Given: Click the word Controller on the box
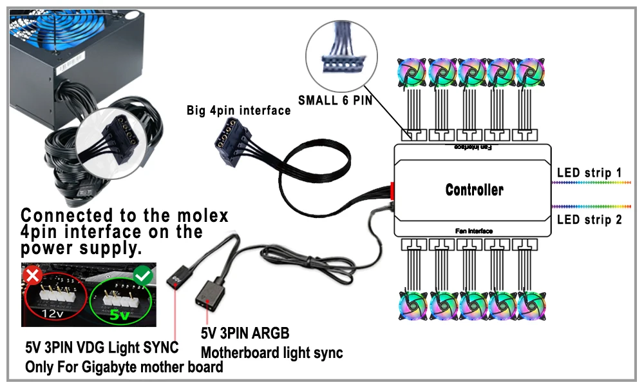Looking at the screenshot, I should [475, 190].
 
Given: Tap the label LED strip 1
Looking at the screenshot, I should [589, 173].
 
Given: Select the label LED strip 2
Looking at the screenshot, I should [589, 220].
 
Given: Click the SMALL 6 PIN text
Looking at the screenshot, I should [335, 101].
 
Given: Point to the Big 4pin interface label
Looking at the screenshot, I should [239, 110].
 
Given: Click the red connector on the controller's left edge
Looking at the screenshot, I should [391, 191].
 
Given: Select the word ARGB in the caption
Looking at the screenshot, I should [271, 334].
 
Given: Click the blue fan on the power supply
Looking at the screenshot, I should [52, 26].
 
